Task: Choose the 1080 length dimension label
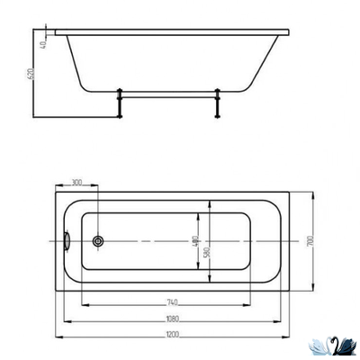(x=171, y=318)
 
